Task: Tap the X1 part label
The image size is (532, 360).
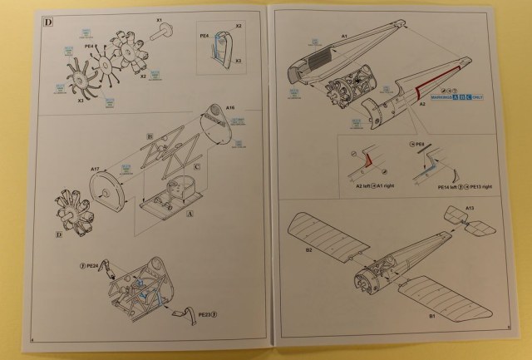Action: (159, 18)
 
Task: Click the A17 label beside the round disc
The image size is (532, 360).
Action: (96, 168)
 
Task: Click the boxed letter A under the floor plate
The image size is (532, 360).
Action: (193, 214)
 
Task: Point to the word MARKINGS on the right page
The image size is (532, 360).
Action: (436, 98)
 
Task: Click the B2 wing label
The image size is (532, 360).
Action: (308, 249)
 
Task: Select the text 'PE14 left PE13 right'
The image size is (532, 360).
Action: (455, 187)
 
